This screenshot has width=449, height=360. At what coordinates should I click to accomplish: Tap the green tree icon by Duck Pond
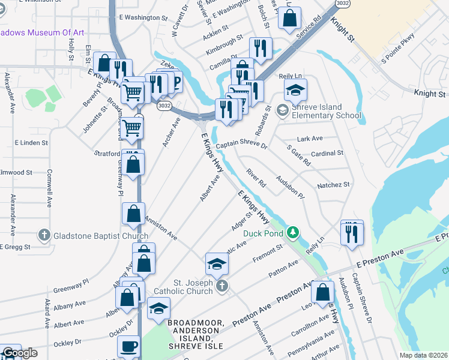(292, 231)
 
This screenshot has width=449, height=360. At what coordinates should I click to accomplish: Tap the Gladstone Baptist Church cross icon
(44, 235)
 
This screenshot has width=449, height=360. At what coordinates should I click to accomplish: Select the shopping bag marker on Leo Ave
(323, 292)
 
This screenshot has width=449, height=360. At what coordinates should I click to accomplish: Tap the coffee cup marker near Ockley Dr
(130, 347)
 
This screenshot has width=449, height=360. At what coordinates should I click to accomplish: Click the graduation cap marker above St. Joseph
(217, 263)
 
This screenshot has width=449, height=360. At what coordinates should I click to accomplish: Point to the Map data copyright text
(424, 355)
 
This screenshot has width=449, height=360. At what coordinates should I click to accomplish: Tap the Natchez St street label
(333, 185)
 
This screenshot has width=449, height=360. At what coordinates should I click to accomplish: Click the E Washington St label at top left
(143, 19)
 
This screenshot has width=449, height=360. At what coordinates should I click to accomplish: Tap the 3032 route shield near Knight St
(342, 3)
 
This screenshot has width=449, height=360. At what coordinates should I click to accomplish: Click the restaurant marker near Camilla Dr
(261, 48)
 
